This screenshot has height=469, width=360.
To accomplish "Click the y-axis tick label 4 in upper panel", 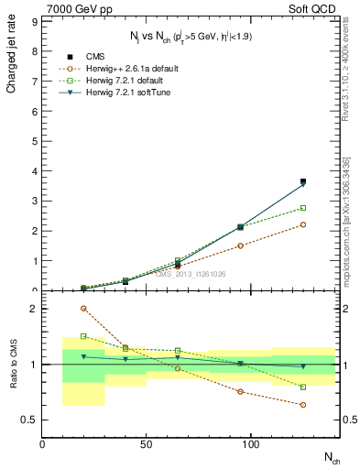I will tap(34, 172).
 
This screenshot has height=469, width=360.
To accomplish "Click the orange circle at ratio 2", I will tap(84, 309).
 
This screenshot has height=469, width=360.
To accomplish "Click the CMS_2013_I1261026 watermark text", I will tap(190, 274).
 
